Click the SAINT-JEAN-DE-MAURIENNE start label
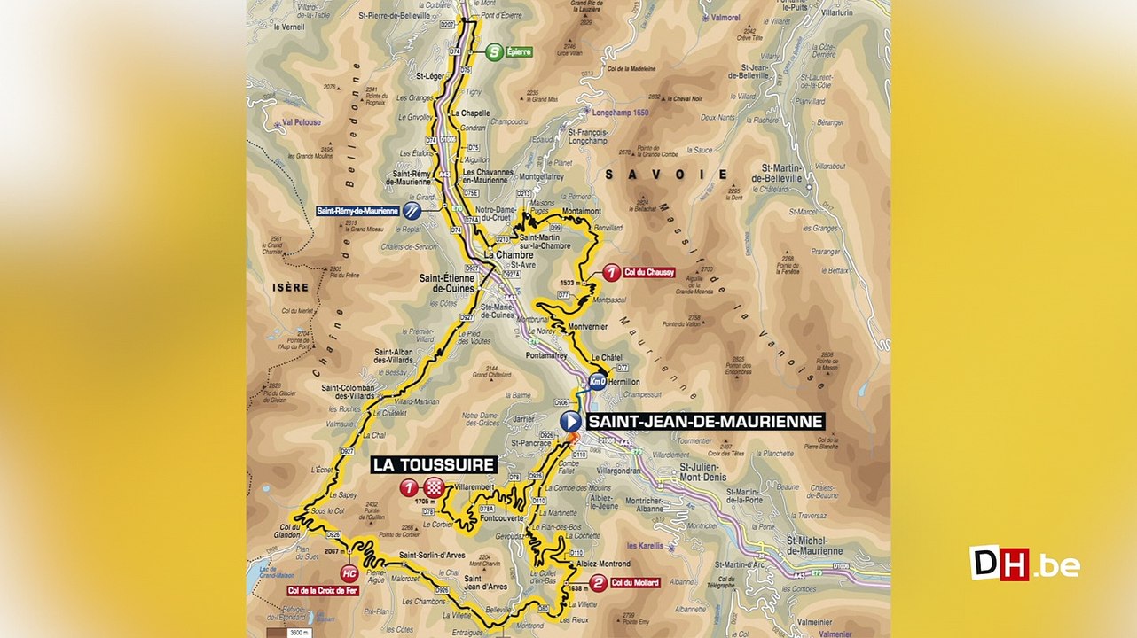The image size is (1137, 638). (x=706, y=422)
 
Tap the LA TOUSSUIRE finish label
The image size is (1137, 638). (x=434, y=464)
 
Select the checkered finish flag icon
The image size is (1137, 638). (x=434, y=486)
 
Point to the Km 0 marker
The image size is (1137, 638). (x=597, y=383)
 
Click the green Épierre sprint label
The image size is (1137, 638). (x=518, y=52)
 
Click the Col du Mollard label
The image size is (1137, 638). (x=639, y=582)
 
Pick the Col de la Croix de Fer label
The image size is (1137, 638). (x=322, y=591)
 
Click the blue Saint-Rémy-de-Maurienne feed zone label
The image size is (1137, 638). (x=357, y=211)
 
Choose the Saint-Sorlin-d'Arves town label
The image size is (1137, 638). (x=432, y=556)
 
